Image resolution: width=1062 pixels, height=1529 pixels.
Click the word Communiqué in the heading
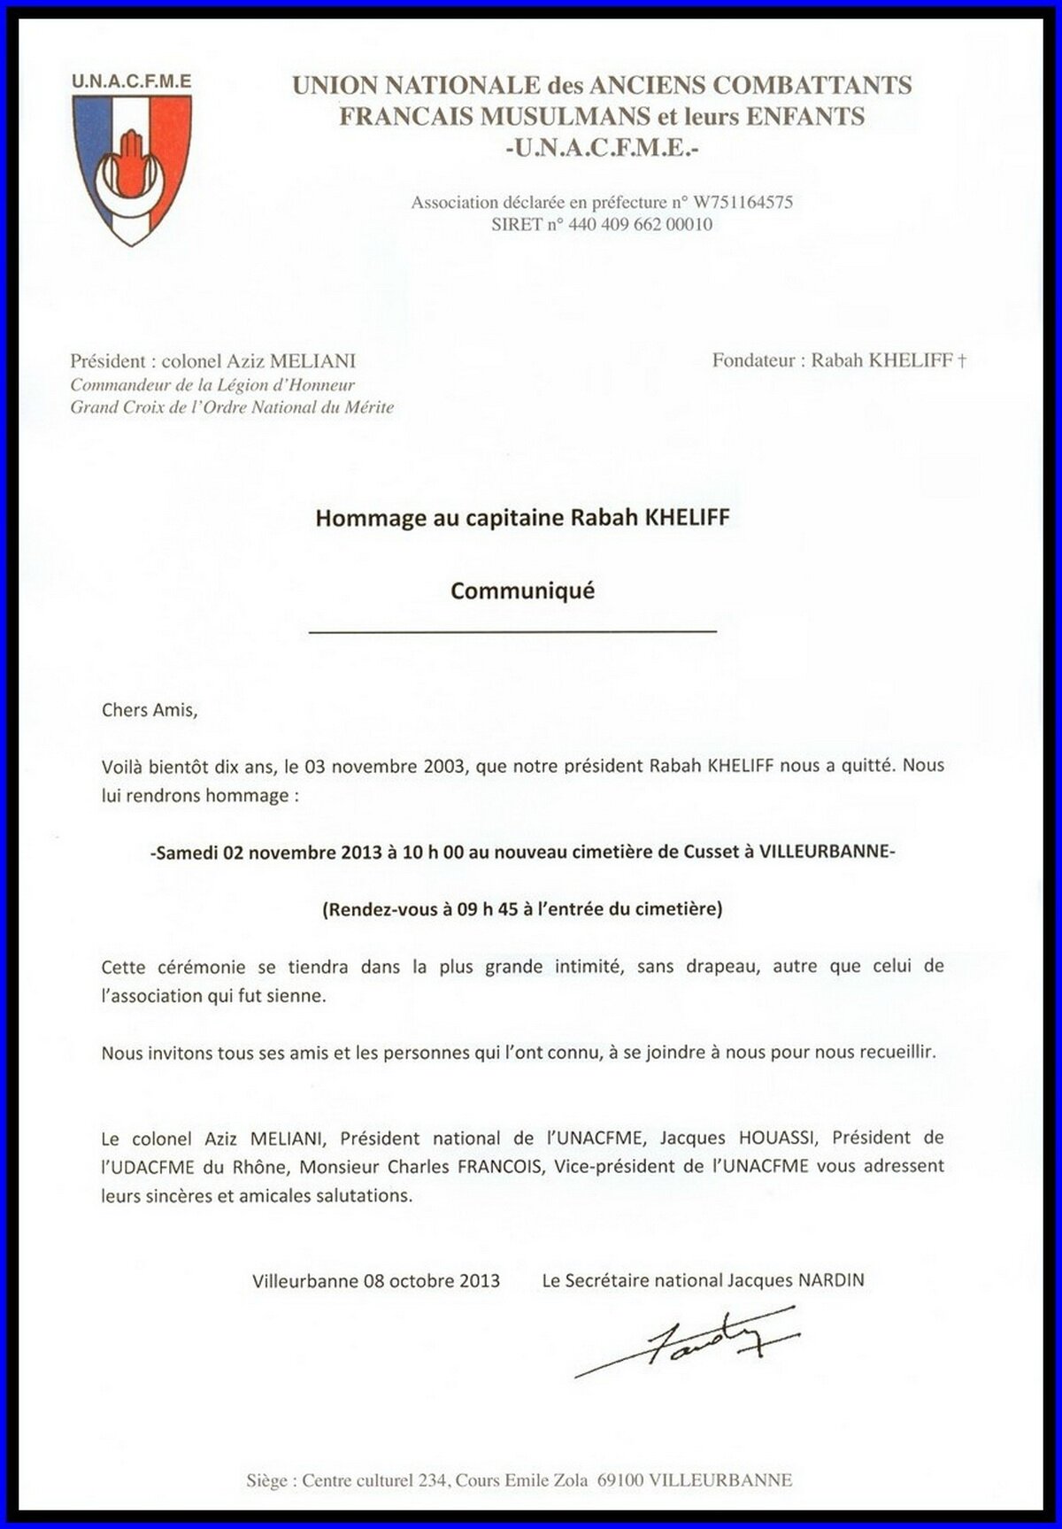[x=522, y=591]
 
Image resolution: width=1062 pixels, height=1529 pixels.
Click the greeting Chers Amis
[x=146, y=709]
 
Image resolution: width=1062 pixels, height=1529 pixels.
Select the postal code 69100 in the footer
[x=620, y=1480]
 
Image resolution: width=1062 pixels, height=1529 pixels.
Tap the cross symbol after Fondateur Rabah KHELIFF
[x=962, y=361]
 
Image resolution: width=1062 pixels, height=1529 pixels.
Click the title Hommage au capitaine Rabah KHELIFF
[x=522, y=518]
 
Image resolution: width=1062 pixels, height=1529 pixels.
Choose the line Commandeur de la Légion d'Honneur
[x=212, y=385]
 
